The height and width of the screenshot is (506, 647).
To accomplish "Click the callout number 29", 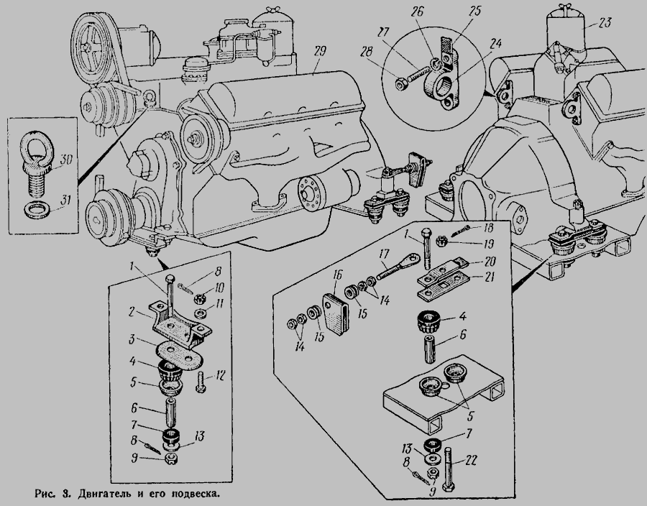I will point(320,50).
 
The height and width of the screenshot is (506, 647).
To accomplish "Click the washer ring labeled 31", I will point(34,211).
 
